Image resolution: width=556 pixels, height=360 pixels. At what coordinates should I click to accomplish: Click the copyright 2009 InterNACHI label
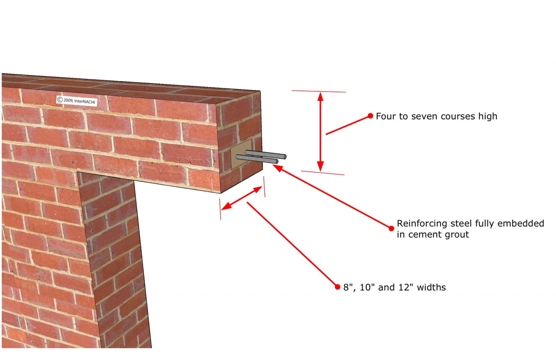[x=76, y=101]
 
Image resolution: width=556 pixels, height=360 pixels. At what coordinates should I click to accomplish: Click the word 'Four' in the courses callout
[x=386, y=116]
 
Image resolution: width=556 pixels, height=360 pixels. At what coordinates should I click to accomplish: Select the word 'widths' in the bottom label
[x=431, y=287]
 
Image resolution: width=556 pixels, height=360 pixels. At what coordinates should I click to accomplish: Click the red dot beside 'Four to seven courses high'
[x=370, y=116]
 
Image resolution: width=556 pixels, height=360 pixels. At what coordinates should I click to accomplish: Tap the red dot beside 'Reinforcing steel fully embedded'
[x=391, y=229]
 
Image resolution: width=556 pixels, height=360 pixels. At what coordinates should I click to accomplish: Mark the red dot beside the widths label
[x=337, y=287]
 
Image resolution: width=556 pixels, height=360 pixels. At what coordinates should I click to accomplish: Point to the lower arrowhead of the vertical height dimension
[x=320, y=166]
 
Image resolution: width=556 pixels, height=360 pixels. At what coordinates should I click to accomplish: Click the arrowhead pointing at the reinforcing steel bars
[x=277, y=168]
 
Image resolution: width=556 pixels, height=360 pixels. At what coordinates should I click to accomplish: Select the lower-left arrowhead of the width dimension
[x=226, y=206]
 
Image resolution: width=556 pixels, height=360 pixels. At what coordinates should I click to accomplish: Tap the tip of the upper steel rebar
[x=286, y=156]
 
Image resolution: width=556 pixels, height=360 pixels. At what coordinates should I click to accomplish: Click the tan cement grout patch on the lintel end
[x=240, y=154]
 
